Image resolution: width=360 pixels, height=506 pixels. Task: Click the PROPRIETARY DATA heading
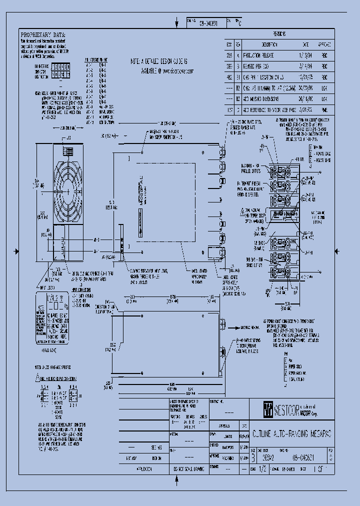coord(42,34)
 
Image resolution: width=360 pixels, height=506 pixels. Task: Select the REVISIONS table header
coord(279,34)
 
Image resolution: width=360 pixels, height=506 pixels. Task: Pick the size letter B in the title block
coord(253,456)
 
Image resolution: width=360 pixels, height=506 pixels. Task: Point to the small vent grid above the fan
coord(67,150)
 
